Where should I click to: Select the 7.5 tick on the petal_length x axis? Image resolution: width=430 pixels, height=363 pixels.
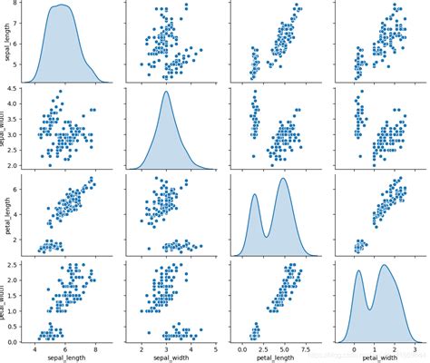pyautogui.click(x=306, y=348)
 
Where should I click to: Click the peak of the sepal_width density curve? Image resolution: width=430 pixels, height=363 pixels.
pyautogui.click(x=166, y=91)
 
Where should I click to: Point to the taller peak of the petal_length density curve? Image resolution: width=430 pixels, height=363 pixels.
pyautogui.click(x=284, y=179)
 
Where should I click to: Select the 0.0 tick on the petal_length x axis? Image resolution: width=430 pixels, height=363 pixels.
pyautogui.click(x=241, y=348)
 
